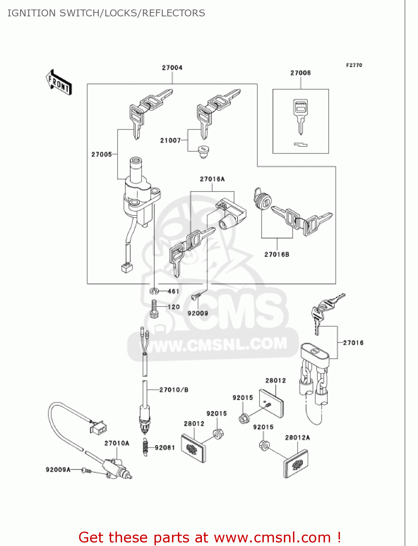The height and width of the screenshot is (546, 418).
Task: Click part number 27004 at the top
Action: [172, 68]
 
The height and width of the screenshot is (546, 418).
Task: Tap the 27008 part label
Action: [300, 73]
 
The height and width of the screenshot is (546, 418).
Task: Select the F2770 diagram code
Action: [354, 65]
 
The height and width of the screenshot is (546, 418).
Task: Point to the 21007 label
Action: [170, 141]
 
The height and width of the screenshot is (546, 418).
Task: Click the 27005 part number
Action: [101, 154]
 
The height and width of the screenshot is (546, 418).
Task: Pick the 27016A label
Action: [212, 179]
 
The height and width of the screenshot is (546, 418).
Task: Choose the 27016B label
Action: [277, 254]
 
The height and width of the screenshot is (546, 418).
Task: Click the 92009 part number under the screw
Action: [198, 313]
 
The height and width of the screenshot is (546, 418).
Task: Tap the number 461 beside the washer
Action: [173, 291]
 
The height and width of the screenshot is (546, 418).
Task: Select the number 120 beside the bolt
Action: [174, 307]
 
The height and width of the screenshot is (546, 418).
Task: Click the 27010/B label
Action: [174, 390]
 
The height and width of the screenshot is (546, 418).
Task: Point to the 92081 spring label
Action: [165, 447]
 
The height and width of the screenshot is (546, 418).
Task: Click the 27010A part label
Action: [117, 443]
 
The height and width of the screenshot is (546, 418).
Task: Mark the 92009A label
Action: [58, 470]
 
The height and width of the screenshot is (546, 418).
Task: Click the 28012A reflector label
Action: [297, 438]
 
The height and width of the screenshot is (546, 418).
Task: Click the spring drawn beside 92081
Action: [146, 446]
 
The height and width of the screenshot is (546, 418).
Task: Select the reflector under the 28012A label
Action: [296, 464]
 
